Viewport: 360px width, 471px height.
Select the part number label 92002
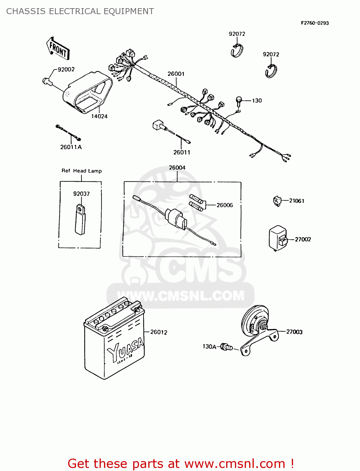[x=66, y=69]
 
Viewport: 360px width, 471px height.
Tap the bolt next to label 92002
[x=47, y=81]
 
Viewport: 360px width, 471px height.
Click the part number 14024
[x=99, y=116]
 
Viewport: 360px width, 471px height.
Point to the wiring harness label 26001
[x=176, y=74]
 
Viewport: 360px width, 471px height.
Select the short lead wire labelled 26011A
[x=68, y=133]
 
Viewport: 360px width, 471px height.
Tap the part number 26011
[x=182, y=152]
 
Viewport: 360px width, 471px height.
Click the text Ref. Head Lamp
[x=82, y=171]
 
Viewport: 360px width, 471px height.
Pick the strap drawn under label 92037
[x=80, y=219]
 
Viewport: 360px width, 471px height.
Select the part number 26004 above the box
[x=177, y=168]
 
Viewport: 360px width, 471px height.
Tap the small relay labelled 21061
[x=277, y=200]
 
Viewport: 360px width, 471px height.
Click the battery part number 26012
[x=159, y=332]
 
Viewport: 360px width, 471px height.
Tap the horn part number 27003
[x=294, y=332]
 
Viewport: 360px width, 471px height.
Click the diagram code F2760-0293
[x=315, y=23]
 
